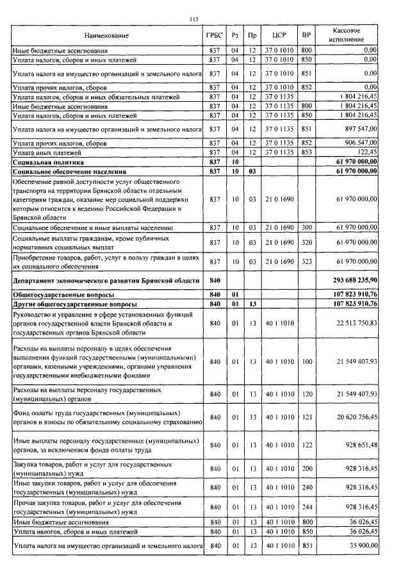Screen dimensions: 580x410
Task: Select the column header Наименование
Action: [106, 36]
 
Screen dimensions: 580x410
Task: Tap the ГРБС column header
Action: [215, 36]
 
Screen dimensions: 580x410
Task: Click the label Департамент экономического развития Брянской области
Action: [106, 281]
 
